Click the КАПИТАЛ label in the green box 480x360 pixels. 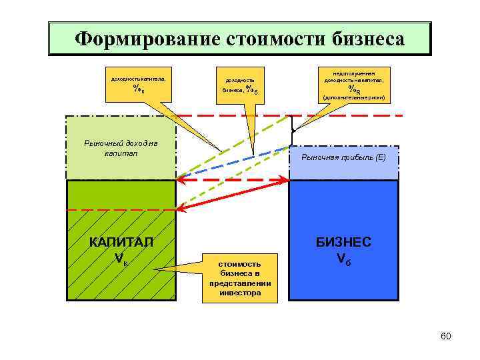point(121,241)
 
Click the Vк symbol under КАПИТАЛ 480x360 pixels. point(121,257)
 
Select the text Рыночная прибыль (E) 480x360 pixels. point(343,157)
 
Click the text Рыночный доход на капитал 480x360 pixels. point(121,148)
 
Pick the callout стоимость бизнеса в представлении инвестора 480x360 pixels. point(235,274)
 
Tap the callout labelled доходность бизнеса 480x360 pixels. point(240,85)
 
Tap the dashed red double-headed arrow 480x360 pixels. point(233,180)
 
